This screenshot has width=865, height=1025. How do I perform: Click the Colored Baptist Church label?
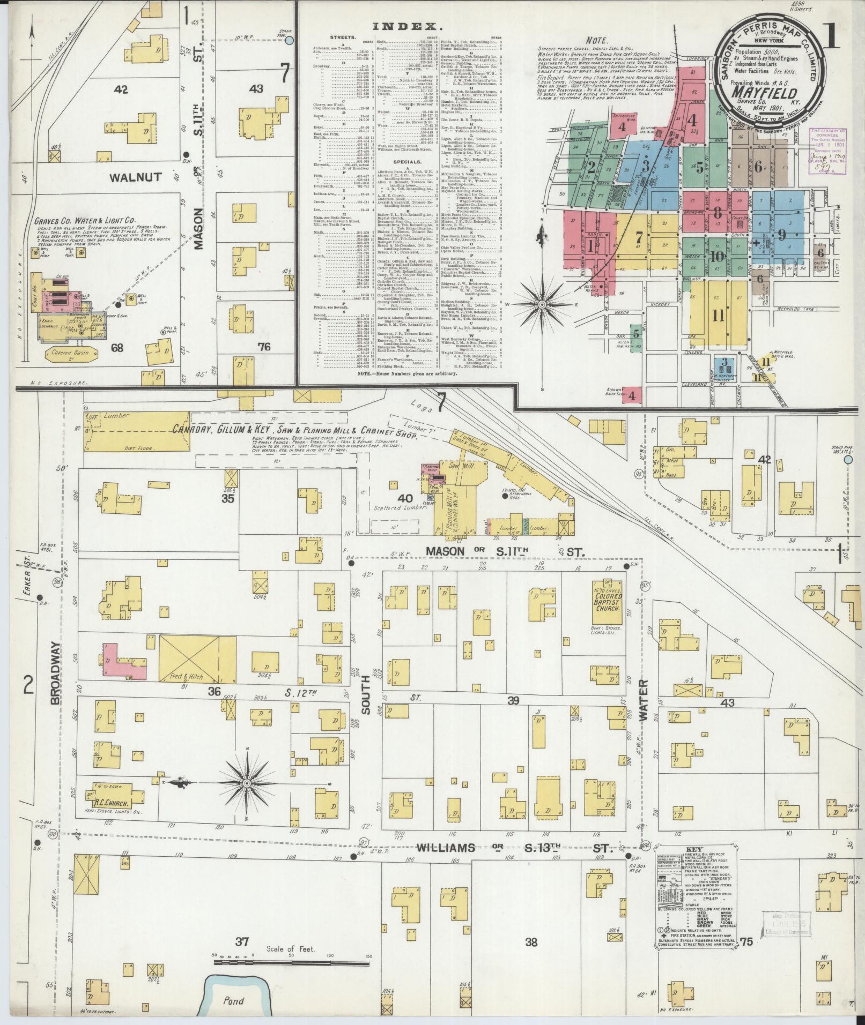tap(608, 602)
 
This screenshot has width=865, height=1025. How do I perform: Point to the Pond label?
tap(233, 1000)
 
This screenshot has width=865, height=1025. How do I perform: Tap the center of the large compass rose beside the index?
tap(542, 304)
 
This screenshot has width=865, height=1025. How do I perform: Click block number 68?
tap(116, 348)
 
